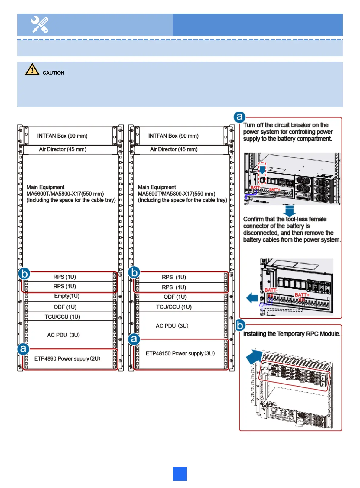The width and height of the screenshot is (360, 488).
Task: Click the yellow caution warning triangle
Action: point(32,70)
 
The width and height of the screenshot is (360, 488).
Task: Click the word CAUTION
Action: point(53,73)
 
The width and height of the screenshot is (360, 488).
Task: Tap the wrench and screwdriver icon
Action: point(40,24)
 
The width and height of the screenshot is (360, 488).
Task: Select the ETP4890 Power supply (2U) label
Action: point(67,358)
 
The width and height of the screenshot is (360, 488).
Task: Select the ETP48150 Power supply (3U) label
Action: point(180,353)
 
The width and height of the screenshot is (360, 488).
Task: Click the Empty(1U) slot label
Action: point(67,296)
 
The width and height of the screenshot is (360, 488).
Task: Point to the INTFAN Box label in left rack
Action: point(62,136)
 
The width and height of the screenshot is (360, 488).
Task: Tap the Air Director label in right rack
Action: point(174,149)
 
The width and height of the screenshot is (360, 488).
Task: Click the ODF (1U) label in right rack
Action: point(175,297)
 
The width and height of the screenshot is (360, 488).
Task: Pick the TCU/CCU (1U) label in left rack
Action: point(63,316)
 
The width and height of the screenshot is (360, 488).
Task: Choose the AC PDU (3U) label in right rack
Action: point(172,326)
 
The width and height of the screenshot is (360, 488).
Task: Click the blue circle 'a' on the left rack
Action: point(23,349)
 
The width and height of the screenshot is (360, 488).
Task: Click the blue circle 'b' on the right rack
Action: point(134,272)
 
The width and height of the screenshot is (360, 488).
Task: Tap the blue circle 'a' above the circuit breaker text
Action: point(239,117)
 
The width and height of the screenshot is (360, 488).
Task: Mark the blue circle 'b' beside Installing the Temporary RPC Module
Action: point(240,326)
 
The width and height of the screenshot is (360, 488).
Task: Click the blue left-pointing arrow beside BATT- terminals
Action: point(252,298)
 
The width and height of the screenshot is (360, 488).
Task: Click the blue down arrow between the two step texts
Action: point(289,210)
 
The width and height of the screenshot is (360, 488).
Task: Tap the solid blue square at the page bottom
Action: point(180,474)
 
